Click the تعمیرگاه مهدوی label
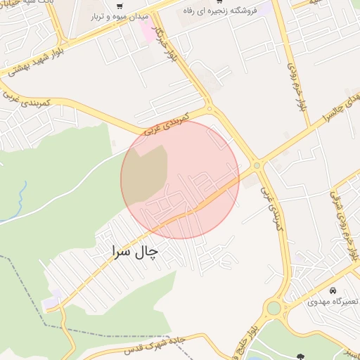click(333, 302)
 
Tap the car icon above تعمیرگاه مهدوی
click(333, 290)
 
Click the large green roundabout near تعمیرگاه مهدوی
click(274, 308)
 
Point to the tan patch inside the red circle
click(145, 176)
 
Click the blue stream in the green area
click(21, 193)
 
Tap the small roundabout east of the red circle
click(257, 166)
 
